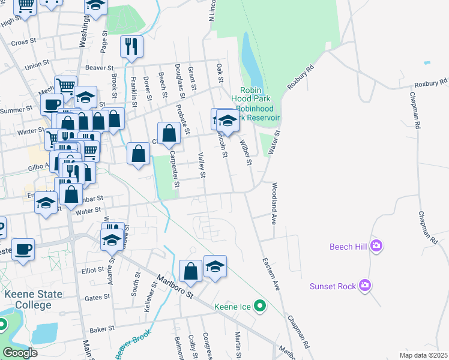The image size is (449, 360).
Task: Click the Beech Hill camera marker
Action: pyautogui.click(x=376, y=245)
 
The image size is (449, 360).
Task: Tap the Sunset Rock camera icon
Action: pyautogui.click(x=364, y=286)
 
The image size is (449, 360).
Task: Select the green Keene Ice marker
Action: pyautogui.click(x=259, y=307)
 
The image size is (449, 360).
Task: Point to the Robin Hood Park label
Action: pyautogui.click(x=250, y=94)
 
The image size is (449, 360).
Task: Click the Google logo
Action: pyautogui.click(x=20, y=353)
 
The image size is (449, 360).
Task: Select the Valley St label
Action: pyautogui.click(x=202, y=166)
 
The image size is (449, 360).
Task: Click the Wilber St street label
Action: pyautogui.click(x=245, y=152)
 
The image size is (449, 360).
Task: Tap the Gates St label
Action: pyautogui.click(x=97, y=298)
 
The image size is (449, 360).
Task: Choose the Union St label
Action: pyautogui.click(x=37, y=64)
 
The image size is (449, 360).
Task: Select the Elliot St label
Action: pyautogui.click(x=94, y=271)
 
